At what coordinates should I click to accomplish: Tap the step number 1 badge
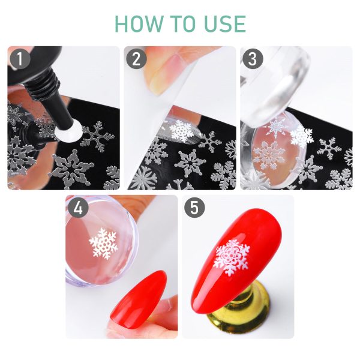[20, 59]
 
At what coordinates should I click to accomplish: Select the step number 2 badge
[136, 59]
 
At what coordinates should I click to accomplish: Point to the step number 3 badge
[253, 59]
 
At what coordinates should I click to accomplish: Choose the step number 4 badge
[78, 208]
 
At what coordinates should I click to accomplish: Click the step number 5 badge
[194, 208]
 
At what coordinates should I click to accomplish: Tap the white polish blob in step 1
[68, 130]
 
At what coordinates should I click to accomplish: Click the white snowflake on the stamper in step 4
[103, 244]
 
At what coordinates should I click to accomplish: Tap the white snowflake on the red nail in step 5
[231, 257]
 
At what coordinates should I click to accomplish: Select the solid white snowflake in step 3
[302, 137]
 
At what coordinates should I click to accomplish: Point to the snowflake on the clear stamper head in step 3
[269, 155]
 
